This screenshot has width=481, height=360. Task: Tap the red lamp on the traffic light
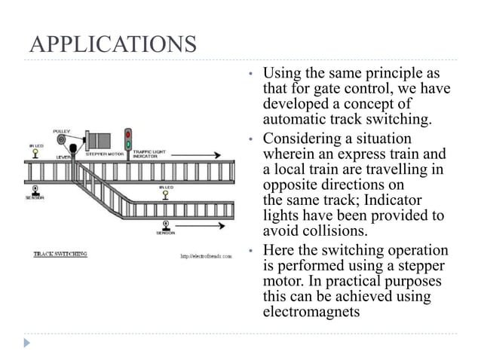pos(128,133)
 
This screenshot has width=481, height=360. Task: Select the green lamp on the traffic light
pos(128,143)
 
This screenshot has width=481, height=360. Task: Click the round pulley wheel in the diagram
pos(62,139)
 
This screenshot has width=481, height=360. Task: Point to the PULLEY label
pos(63,130)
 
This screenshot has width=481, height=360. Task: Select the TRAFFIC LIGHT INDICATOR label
pos(150,154)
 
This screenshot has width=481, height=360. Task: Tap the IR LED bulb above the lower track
pos(165,194)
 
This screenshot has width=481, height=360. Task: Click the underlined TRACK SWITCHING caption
pos(60,254)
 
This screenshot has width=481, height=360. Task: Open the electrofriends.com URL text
pos(205,256)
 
